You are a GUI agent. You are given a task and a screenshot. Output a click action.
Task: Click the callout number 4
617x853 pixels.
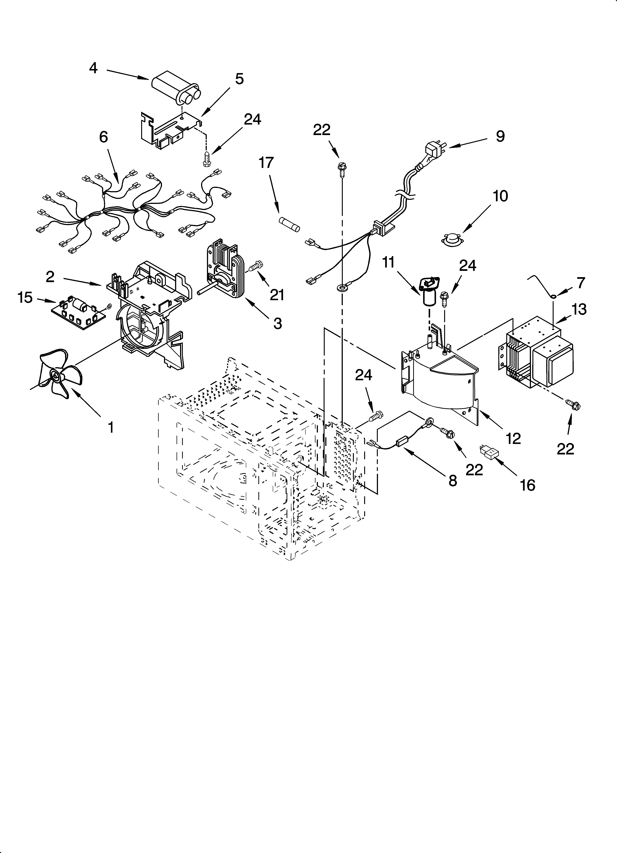[x=94, y=68]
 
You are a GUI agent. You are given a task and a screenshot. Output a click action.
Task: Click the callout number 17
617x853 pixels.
[x=266, y=163]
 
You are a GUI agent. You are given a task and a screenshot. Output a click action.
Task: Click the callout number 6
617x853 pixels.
[x=103, y=137]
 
